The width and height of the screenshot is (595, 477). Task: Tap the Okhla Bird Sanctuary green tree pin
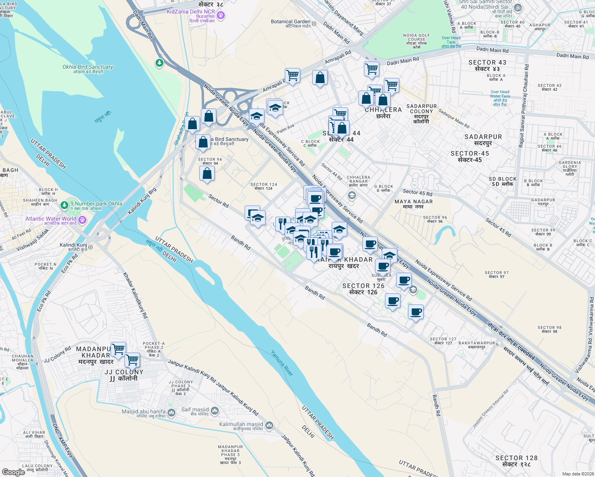point(159,63)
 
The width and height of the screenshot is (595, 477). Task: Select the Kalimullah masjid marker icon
point(269,426)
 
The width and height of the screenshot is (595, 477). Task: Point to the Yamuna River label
point(282,363)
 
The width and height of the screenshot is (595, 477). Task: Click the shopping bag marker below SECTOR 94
point(207,174)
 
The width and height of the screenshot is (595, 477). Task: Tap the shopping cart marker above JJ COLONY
point(132,360)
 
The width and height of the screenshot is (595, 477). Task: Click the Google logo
point(14,472)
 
